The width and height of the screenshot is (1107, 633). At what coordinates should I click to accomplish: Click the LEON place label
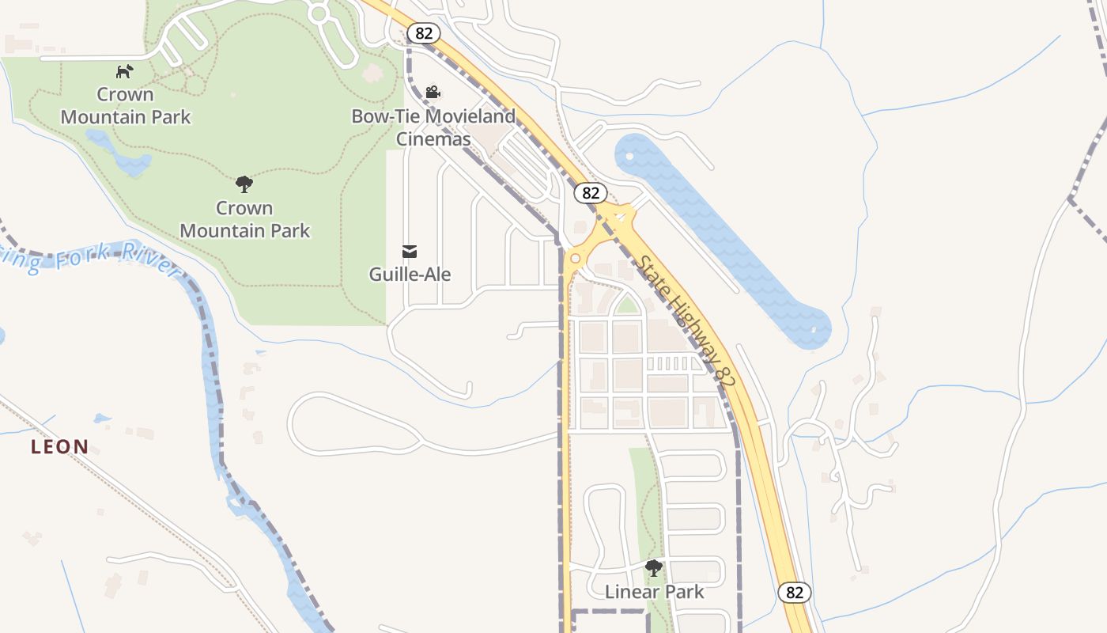pos(59,447)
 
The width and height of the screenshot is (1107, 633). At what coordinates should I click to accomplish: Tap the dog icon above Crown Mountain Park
pos(124,72)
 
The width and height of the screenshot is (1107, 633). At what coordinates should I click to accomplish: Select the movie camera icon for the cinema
pos(433,93)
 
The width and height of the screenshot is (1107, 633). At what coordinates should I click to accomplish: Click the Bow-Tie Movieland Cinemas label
pos(433,127)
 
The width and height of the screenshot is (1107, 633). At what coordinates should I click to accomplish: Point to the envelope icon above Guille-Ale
pos(410,252)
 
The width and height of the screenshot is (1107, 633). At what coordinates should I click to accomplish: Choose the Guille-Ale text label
pos(410,275)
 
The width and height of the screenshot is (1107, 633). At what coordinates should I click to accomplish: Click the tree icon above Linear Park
pos(654,567)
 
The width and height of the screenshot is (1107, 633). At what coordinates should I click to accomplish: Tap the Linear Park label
pos(654,591)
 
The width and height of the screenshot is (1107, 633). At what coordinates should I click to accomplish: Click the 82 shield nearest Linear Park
pos(795,592)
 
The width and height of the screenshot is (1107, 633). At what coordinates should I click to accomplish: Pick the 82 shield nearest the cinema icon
pos(424,32)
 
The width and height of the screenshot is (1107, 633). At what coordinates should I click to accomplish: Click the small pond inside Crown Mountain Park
pos(123,158)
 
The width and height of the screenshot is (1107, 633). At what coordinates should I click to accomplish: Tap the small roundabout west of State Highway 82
pos(575,258)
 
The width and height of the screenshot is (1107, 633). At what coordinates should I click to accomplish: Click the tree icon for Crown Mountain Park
pos(244,184)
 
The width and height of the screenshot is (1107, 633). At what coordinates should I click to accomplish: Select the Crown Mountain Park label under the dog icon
pos(126,106)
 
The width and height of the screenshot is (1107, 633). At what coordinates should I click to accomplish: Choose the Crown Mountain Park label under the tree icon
pos(245,219)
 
